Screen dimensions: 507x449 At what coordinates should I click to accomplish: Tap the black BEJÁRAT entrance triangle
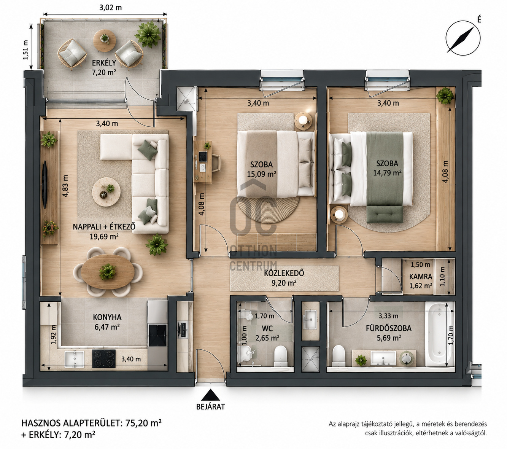coord(210,395)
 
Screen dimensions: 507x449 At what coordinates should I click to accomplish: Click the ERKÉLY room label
coord(104,62)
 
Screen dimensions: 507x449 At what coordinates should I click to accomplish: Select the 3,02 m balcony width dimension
coord(110,8)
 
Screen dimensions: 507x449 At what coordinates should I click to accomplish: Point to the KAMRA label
coord(421,277)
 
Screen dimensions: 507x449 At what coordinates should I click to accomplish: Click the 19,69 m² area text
coord(104,236)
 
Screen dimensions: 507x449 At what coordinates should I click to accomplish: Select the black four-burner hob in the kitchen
coord(104,359)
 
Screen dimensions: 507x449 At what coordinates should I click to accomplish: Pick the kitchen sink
coord(74,358)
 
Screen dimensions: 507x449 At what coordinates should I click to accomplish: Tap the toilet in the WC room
coord(280,356)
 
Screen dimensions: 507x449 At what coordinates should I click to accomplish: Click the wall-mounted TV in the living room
coord(45,185)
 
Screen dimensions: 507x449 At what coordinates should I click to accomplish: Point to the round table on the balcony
coord(104,41)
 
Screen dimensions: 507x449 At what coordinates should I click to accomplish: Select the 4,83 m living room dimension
coord(65,186)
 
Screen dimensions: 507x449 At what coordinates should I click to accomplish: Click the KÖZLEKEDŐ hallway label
coord(284,273)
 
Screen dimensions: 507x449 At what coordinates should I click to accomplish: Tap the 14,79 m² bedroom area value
coord(388,172)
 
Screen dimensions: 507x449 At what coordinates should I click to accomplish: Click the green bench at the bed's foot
coord(385,214)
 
